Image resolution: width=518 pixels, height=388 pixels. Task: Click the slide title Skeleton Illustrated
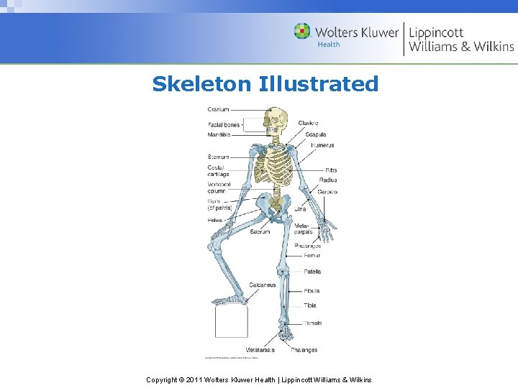pyautogui.click(x=265, y=84)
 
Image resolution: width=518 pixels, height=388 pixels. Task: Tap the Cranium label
pyautogui.click(x=218, y=109)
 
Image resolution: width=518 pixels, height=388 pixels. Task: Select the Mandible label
pyautogui.click(x=219, y=134)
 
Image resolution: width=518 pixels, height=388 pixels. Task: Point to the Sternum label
pyautogui.click(x=218, y=157)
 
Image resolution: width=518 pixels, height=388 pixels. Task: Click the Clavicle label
pyautogui.click(x=308, y=124)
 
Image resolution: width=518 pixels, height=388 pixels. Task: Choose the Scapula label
pyautogui.click(x=315, y=134)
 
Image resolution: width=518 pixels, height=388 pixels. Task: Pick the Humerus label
pyautogui.click(x=322, y=145)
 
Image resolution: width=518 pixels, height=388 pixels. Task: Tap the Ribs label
pyautogui.click(x=330, y=170)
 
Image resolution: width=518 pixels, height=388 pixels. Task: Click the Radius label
pyautogui.click(x=328, y=180)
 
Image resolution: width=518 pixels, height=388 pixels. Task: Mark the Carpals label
pyautogui.click(x=327, y=192)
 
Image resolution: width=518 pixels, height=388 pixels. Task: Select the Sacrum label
pyautogui.click(x=260, y=232)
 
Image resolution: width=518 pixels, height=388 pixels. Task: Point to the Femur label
pyautogui.click(x=312, y=255)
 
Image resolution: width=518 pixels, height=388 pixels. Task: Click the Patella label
pyautogui.click(x=312, y=272)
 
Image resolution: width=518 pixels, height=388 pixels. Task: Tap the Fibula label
pyautogui.click(x=312, y=291)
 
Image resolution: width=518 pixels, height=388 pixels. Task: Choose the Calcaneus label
pyautogui.click(x=263, y=285)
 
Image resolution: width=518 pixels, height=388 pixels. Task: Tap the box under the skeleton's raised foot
pyautogui.click(x=231, y=320)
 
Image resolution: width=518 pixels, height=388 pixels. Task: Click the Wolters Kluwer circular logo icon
pyautogui.click(x=303, y=31)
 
